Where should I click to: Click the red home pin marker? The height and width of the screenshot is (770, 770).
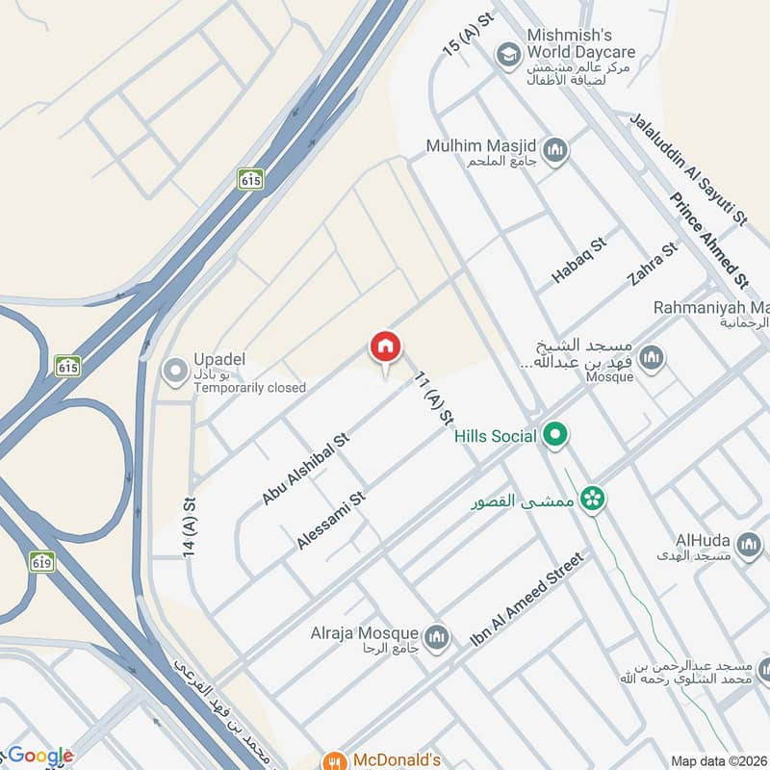tap(385, 347)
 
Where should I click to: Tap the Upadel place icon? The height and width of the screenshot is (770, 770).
tap(175, 371)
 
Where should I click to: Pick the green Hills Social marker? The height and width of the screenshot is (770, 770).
tap(554, 437)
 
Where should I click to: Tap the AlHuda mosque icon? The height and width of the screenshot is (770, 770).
tap(747, 548)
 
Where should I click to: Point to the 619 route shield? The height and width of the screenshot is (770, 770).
tap(41, 561)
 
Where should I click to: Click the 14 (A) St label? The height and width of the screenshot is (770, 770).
tap(190, 528)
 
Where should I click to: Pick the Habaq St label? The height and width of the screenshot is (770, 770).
tap(579, 260)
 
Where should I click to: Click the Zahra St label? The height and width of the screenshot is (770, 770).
tap(653, 264)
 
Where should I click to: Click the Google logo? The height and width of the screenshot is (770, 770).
tap(38, 756)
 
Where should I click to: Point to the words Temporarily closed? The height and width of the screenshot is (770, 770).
tap(249, 388)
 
